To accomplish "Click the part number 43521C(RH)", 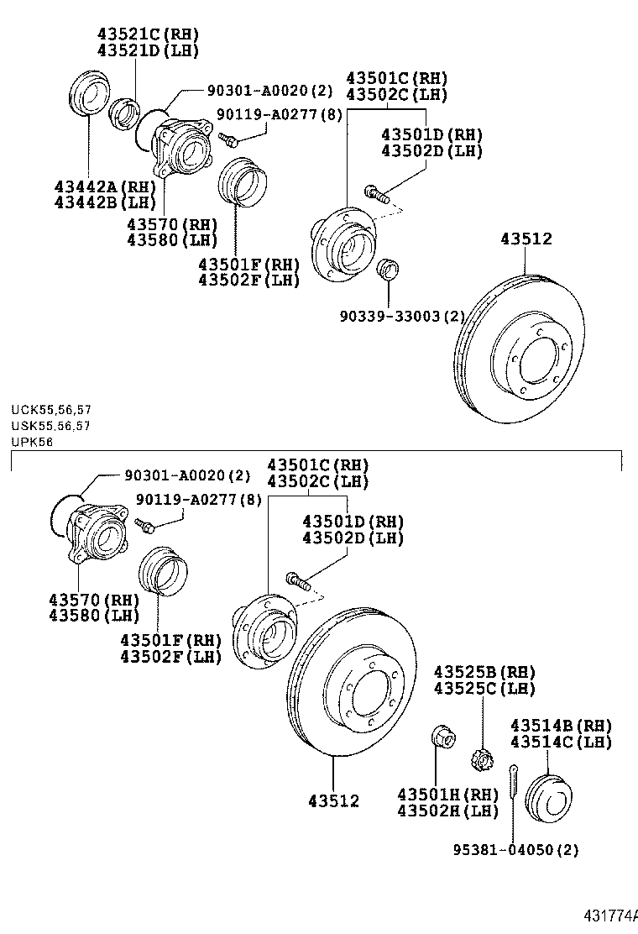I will [148, 34].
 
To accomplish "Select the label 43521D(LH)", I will [148, 50].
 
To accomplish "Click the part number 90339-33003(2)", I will [402, 316].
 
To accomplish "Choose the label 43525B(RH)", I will [484, 672].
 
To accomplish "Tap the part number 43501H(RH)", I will [447, 795].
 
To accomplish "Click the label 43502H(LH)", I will [447, 811].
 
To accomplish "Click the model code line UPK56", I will [32, 442].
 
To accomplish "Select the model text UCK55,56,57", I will [51, 410].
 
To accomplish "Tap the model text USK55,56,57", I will [51, 426].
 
